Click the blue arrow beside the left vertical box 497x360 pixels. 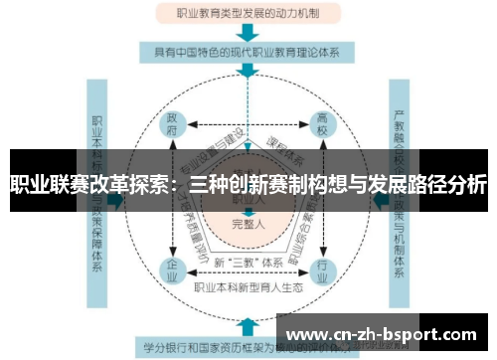pos(115,199)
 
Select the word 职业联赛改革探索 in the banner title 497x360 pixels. pos(84,184)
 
